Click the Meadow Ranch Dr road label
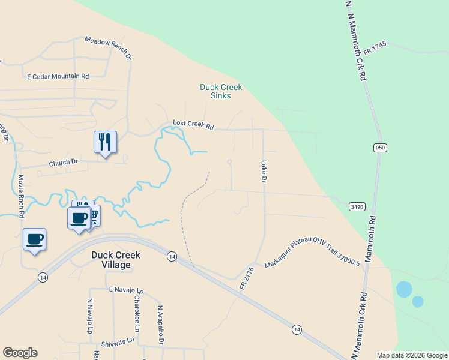click(108, 49)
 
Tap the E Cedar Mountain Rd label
click(58, 76)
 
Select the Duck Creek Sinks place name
click(221, 91)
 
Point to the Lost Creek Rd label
click(193, 125)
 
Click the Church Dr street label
click(64, 162)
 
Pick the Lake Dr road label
click(263, 170)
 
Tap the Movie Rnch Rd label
click(21, 196)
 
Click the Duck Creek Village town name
click(116, 259)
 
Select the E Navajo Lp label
click(127, 289)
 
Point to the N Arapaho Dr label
click(160, 325)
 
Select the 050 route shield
click(379, 148)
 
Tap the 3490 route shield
click(357, 206)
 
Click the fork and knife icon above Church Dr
click(105, 142)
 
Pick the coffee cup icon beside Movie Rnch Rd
click(34, 239)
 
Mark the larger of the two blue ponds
click(404, 289)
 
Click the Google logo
click(20, 353)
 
